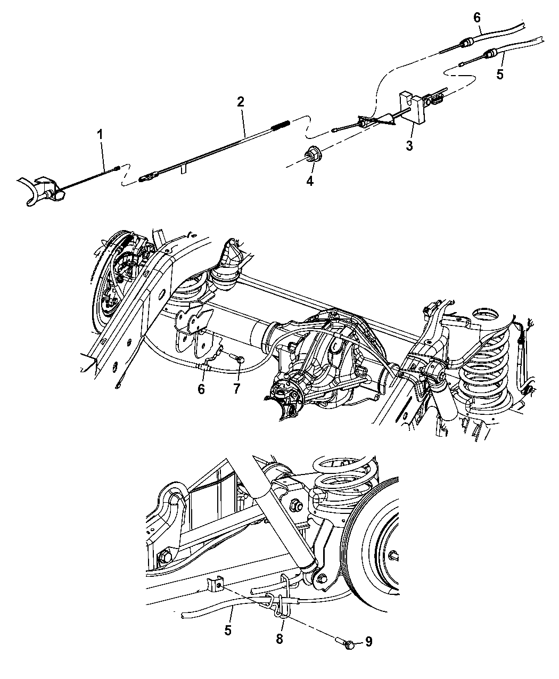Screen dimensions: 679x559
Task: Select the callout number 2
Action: (241, 101)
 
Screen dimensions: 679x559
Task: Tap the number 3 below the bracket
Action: (409, 145)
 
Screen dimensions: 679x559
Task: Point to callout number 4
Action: (309, 181)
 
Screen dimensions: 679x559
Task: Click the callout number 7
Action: (236, 388)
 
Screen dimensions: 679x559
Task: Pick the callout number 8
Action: (280, 639)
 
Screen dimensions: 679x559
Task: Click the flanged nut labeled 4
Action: (310, 157)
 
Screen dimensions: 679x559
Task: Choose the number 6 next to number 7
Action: (201, 389)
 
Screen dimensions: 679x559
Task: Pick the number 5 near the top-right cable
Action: (499, 74)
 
